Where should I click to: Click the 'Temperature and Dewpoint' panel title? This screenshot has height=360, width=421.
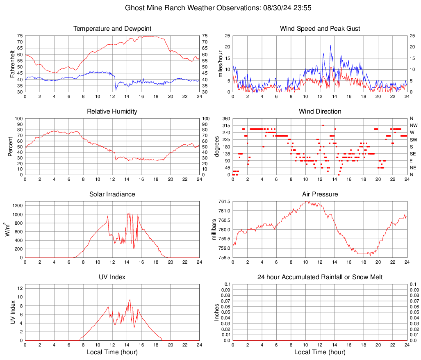point(112,29)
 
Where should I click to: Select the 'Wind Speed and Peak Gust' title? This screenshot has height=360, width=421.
point(320,29)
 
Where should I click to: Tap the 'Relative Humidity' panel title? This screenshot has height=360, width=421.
point(112,112)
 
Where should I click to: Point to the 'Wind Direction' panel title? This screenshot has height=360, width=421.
point(320,112)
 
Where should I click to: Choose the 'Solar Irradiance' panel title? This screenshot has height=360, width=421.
point(112,194)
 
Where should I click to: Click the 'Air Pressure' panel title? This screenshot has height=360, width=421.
point(320,194)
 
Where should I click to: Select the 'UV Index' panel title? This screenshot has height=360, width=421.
point(112,277)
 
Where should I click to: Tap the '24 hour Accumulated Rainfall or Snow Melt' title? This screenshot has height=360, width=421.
point(320,277)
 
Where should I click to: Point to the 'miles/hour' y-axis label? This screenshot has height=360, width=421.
point(220,64)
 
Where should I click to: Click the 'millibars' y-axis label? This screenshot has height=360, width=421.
point(214,230)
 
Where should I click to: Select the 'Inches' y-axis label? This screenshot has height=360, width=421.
point(217,312)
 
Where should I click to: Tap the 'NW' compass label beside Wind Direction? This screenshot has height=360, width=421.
point(413,125)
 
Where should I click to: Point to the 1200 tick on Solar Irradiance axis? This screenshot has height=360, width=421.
point(17,204)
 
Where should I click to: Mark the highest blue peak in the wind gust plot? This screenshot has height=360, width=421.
point(330,45)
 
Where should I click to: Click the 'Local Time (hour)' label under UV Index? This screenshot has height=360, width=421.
point(112,352)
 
